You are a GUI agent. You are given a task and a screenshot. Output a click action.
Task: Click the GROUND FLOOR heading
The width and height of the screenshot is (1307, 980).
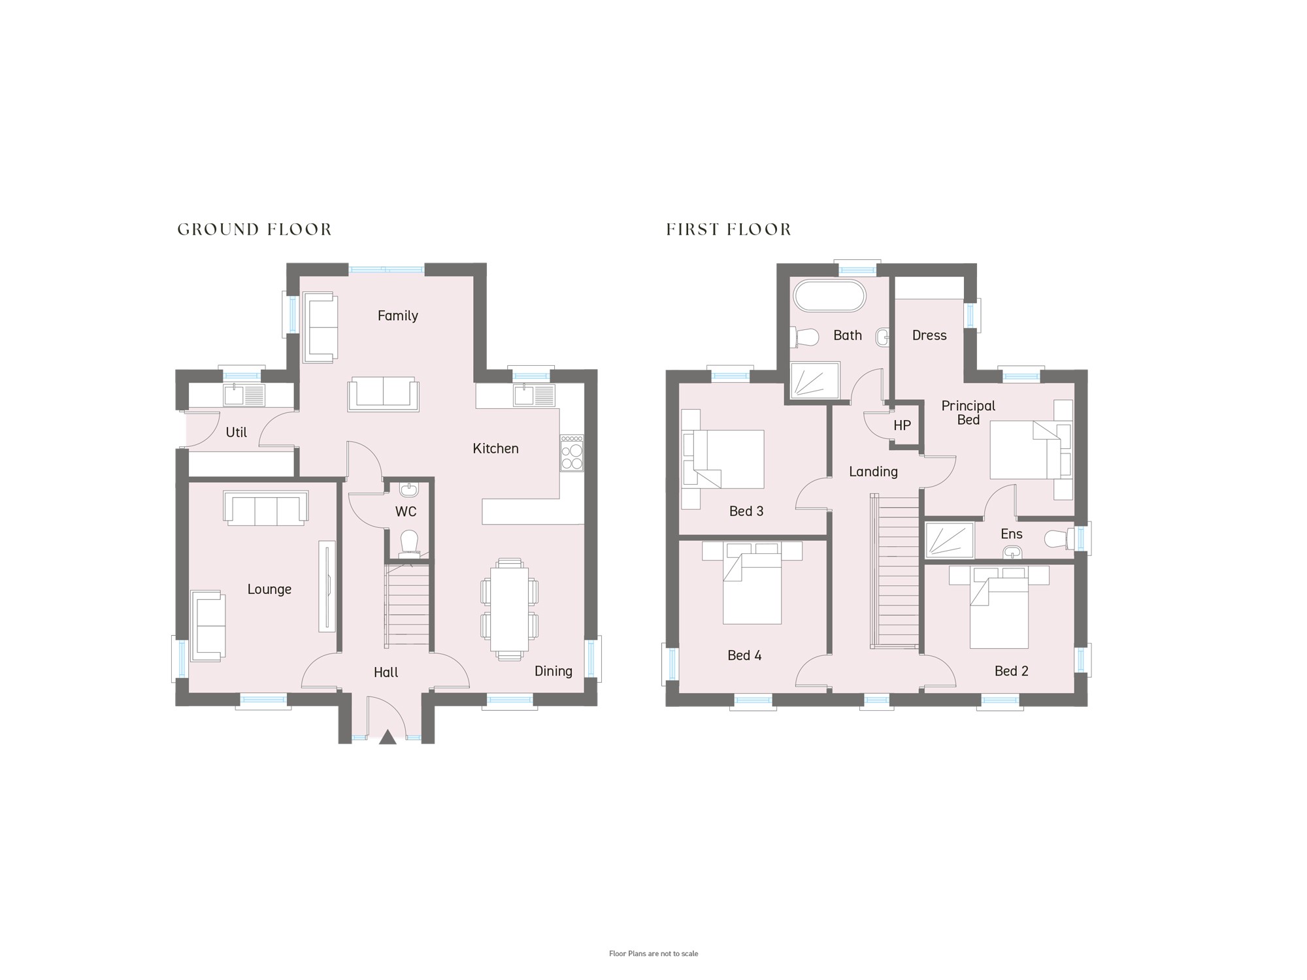[255, 229]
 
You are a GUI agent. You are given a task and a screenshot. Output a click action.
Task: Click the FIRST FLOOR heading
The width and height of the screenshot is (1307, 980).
[729, 229]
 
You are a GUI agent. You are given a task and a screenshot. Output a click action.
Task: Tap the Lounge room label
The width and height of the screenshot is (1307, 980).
[269, 589]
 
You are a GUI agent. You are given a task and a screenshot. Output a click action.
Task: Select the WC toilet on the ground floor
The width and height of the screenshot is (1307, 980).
[409, 544]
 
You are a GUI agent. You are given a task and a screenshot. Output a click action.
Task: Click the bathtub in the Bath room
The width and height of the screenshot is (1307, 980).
[829, 296]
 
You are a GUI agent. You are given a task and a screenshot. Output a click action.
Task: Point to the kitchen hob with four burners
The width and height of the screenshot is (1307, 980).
[572, 453]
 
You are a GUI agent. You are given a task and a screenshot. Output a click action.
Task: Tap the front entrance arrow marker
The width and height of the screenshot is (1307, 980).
[388, 737]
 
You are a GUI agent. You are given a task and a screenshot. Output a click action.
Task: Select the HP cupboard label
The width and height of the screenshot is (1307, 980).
[902, 426]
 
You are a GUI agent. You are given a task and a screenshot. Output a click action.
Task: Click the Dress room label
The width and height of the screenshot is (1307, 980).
[929, 335]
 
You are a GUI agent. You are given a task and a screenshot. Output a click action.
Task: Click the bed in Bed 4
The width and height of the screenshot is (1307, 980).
[752, 583]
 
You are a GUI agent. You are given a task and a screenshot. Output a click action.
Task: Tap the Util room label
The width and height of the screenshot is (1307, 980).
[236, 433]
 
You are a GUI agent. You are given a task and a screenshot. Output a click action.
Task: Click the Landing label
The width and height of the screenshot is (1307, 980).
[873, 472]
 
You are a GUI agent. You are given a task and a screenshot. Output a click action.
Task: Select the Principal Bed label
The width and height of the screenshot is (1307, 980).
[968, 413]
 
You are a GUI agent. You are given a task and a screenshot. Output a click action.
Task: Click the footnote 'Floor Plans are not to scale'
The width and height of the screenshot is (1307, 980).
[653, 954]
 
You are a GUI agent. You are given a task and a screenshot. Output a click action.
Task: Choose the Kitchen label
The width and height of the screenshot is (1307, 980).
[495, 449]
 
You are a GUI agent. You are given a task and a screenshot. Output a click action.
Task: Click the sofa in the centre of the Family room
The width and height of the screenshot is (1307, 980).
[384, 394]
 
